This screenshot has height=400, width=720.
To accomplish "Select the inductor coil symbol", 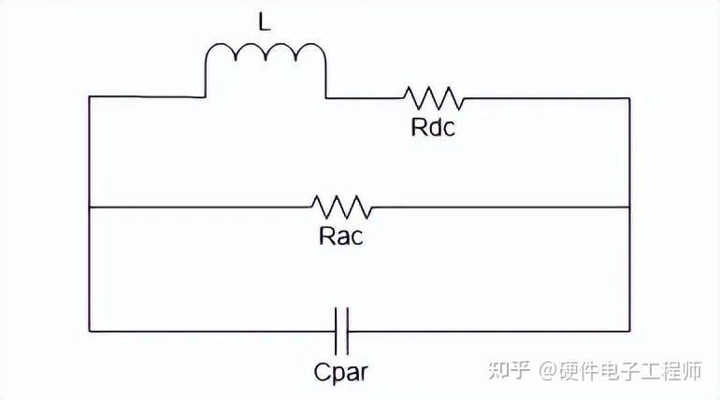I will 266,58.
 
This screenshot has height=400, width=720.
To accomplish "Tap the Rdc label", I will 433,127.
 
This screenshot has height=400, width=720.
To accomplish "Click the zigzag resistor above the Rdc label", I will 433,96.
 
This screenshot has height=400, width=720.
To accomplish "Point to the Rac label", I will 340,235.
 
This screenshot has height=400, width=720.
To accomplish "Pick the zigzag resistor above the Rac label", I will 341,206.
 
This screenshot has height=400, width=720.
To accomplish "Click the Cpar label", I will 341,372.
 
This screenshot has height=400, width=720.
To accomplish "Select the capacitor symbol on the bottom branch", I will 341,329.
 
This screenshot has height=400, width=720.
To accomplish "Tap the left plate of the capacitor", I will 337,329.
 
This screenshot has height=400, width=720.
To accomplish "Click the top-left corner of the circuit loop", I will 89,96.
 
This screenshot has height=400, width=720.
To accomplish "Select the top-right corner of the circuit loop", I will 629,96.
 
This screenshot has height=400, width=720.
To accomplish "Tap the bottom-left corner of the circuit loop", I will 89,330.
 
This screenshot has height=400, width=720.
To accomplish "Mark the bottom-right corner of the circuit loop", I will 629,330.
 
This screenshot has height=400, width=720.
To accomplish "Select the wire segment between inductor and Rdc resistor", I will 365,96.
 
